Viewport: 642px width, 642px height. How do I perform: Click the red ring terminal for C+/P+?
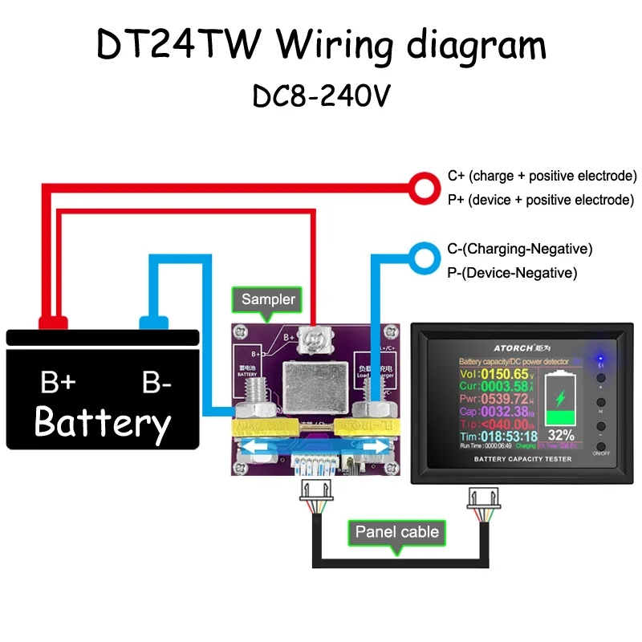(x=420, y=188)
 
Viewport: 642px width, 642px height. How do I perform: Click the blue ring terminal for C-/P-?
(x=420, y=256)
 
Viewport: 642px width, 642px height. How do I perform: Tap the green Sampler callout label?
(x=268, y=300)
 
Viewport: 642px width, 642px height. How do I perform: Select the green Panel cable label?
(x=397, y=531)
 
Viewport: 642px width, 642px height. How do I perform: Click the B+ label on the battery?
(x=58, y=383)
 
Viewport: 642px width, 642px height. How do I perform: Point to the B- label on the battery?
(x=157, y=383)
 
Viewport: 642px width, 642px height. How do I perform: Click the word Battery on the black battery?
(x=103, y=422)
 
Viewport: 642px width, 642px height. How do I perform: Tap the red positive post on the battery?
(x=52, y=322)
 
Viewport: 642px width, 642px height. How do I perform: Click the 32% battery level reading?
(x=561, y=436)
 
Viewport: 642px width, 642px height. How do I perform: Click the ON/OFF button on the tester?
(x=601, y=445)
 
